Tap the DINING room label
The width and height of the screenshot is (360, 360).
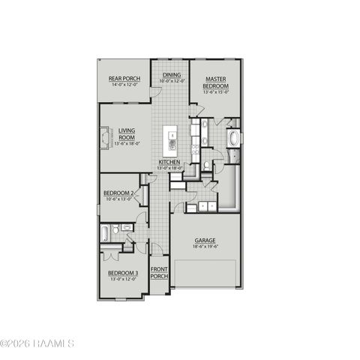(x=172, y=75)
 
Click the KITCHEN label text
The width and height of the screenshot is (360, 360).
(x=169, y=163)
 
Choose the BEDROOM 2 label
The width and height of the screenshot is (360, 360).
(x=118, y=193)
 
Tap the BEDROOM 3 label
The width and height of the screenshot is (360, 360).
(x=122, y=273)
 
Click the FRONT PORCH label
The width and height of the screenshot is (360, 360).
(x=159, y=272)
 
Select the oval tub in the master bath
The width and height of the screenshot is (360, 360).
(x=232, y=139)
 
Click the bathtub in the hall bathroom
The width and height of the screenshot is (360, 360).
(x=106, y=232)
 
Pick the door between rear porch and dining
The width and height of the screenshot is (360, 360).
(x=156, y=91)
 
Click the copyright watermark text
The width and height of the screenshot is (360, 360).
(x=37, y=344)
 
